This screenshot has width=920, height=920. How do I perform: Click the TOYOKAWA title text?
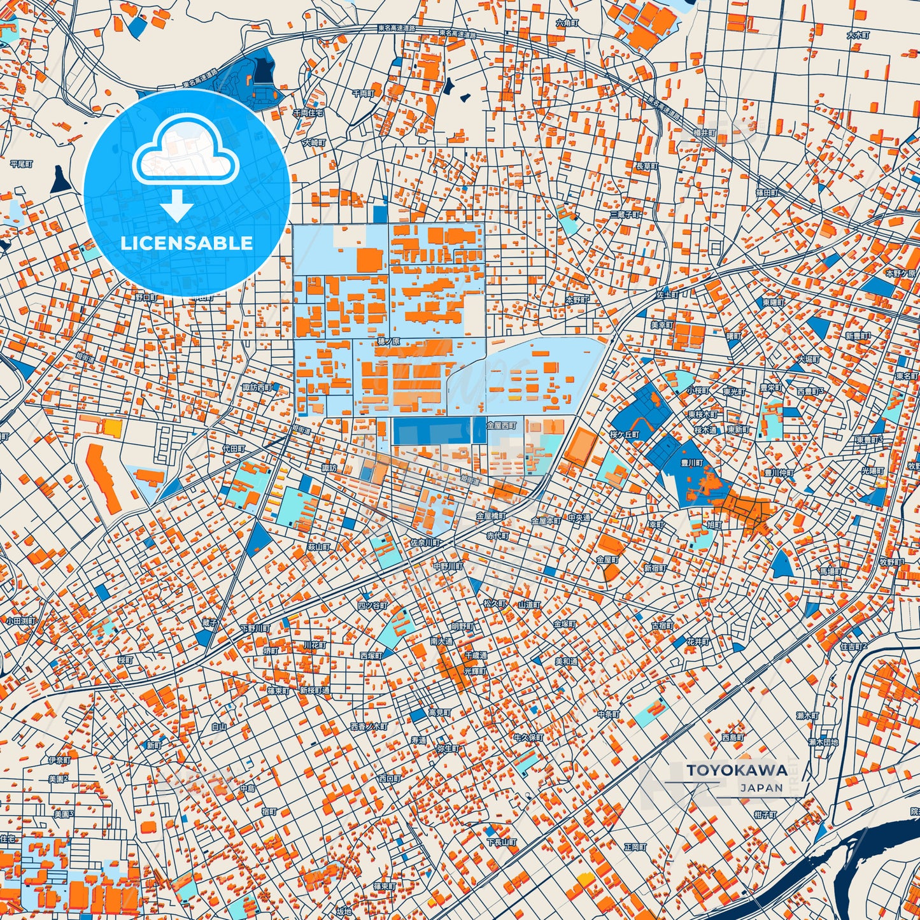coord(737,770)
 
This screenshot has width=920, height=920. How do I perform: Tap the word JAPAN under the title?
coord(761,788)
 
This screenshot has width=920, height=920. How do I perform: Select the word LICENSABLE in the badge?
coord(187,243)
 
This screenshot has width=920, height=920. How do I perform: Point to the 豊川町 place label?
coord(691,463)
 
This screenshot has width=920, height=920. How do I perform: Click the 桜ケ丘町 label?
coord(625,435)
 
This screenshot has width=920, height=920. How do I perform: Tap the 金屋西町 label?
coord(501,425)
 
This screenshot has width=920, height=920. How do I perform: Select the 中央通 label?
coord(579,518)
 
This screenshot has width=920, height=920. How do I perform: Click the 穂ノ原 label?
coord(388,342)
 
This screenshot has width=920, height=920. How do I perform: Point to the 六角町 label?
coord(566,22)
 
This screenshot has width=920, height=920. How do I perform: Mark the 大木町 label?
coord(858,36)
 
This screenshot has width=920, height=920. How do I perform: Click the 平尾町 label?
coord(22,164)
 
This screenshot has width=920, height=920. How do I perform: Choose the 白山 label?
coord(219,726)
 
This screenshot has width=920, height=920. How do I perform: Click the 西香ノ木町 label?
coord(369,726)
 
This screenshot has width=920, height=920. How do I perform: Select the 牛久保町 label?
coord(528,737)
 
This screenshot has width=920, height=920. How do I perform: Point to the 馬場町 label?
coord(830,572)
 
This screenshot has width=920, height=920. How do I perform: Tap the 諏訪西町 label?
coord(257,387)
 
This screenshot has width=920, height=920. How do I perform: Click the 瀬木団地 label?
coord(823,742)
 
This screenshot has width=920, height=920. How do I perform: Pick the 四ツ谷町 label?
coord(372,605)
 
